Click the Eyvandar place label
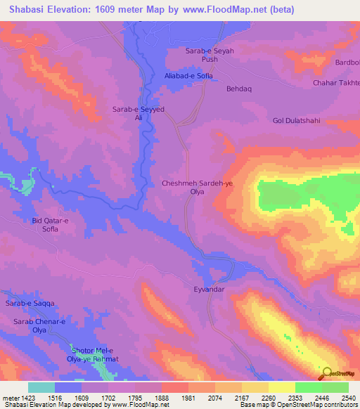point(208,289)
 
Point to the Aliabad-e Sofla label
point(188,75)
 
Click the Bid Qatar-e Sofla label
point(51,225)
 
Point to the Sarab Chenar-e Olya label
point(39,325)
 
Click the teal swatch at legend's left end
point(41,387)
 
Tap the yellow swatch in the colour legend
point(281,387)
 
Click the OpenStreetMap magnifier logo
point(327,372)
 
